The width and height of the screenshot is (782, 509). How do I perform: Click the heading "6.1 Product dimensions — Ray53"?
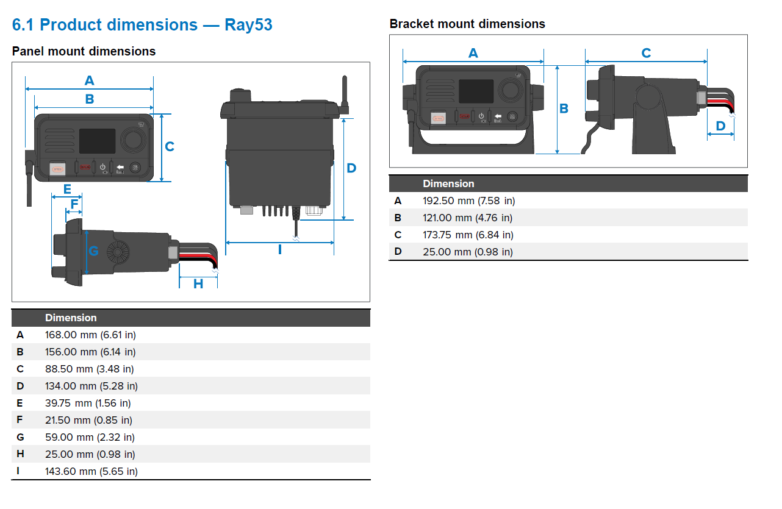coord(142,25)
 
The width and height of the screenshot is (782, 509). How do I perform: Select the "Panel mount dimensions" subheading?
coord(84,51)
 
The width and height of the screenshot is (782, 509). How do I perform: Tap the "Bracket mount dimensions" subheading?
coord(467,24)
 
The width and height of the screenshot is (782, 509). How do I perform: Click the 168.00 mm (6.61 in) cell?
coord(90,335)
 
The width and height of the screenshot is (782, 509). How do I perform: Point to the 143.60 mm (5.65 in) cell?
coord(91,471)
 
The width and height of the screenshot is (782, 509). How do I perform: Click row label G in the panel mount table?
coord(20,437)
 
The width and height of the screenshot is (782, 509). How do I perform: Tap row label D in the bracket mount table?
coord(398,252)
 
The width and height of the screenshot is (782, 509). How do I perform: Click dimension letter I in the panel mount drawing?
coord(280,249)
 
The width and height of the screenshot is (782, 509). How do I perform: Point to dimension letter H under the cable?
coord(198,283)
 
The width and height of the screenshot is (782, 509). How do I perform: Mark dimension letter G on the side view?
coord(93,251)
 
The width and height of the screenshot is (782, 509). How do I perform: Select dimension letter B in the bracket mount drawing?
coord(564,109)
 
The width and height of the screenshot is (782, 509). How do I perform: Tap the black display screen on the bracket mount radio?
coord(476,91)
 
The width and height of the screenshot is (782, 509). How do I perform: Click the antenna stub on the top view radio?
coord(344,91)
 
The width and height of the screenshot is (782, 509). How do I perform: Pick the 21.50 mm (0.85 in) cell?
coord(88,420)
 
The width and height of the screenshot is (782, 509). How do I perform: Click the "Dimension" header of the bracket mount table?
coord(448,183)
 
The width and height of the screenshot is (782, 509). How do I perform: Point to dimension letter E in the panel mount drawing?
coord(67,189)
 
